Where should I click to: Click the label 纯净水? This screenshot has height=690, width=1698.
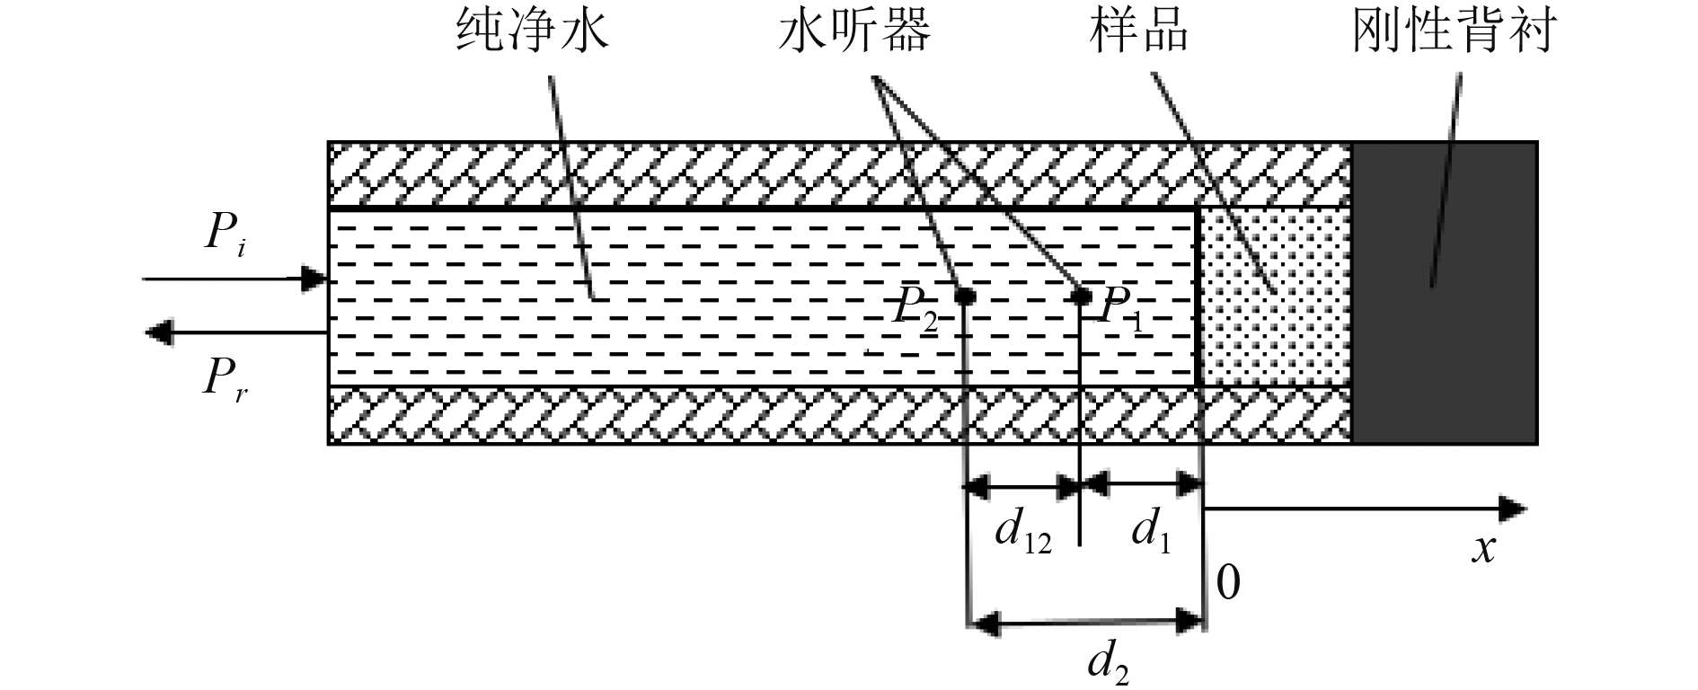[x=533, y=33]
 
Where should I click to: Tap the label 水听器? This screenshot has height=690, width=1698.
[x=854, y=33]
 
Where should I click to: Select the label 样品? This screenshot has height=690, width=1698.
[x=1139, y=33]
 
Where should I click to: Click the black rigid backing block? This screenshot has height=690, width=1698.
[x=1445, y=292]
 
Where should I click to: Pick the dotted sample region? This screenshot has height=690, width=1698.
[x=1276, y=297]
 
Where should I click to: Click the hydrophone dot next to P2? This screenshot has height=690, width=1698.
[x=965, y=296]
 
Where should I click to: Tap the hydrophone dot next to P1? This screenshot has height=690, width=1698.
[x=1082, y=296]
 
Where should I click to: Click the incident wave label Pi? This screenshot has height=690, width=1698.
[x=226, y=238]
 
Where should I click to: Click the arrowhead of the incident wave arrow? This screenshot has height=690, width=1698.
[x=314, y=279]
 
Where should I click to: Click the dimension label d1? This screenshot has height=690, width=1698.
[x=1151, y=535]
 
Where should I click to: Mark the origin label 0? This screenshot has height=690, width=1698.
[x=1228, y=584]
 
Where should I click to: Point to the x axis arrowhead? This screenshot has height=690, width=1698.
[x=1513, y=509]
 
